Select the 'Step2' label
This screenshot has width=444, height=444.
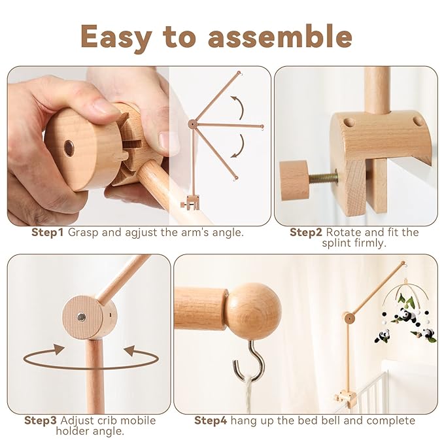pos(307,232)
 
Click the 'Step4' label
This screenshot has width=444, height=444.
pos(210,420)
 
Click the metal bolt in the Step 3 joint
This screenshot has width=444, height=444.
pos(81,317)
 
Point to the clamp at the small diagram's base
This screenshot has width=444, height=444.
pos(192,203)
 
